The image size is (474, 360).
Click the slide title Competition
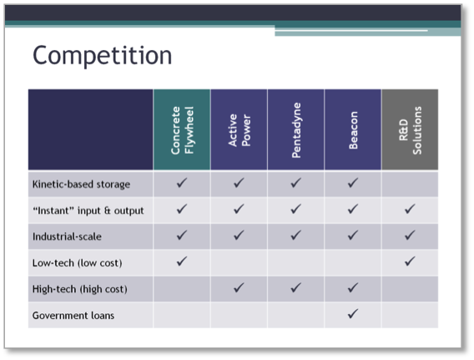point(102,55)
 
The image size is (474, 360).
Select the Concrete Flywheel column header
point(182,130)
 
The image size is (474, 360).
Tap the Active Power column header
point(239,130)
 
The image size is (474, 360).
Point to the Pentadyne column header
point(296,130)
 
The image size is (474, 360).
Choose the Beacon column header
point(353,130)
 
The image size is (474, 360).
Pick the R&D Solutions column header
point(410,130)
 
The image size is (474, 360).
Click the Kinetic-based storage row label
point(81,185)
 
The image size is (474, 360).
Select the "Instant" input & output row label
point(88,210)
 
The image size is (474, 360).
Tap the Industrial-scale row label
point(67,236)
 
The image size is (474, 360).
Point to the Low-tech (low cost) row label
point(77,263)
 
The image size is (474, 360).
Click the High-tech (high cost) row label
point(80,289)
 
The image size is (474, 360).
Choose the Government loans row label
point(73,316)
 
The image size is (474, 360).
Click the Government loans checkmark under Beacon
point(353,314)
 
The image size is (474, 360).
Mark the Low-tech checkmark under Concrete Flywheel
point(182,261)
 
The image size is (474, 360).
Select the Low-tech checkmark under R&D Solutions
point(410,261)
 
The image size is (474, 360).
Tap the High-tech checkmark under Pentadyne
point(296,287)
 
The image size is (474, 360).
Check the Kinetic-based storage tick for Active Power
point(239,183)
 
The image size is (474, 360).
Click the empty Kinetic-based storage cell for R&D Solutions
point(410,185)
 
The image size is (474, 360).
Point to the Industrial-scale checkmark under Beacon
point(353,235)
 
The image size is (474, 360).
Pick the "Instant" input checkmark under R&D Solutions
point(410,209)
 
